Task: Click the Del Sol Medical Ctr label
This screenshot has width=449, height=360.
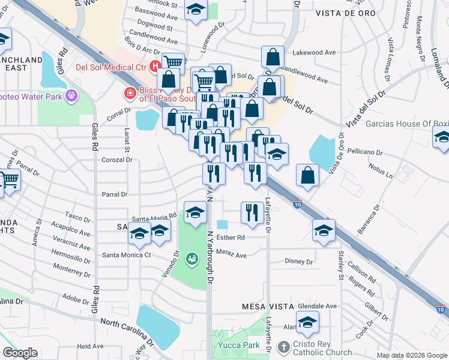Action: click(111, 67)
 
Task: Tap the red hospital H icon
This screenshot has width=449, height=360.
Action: click(155, 66)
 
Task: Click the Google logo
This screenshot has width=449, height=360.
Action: click(20, 353)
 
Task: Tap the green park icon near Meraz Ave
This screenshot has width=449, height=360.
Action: click(191, 259)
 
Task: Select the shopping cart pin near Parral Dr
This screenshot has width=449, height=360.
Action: click(10, 179)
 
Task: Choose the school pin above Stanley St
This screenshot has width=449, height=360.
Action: click(324, 230)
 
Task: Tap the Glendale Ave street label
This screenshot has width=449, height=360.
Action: click(317, 305)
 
